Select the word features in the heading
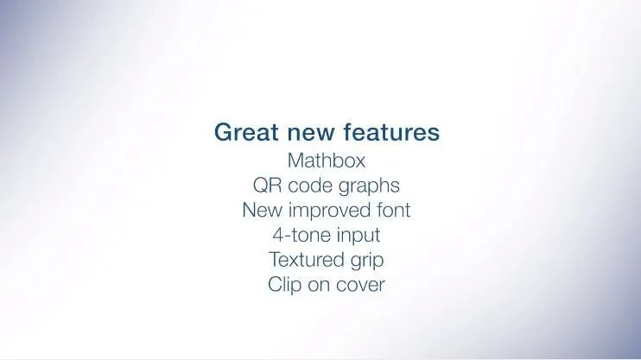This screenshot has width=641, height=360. (x=391, y=132)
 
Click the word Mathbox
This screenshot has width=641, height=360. (x=327, y=161)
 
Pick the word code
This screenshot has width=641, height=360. (x=310, y=185)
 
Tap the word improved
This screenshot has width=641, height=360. (x=322, y=212)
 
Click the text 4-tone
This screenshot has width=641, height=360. (x=301, y=235)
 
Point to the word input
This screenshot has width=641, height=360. (x=359, y=237)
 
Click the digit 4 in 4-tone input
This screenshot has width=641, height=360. (x=278, y=235)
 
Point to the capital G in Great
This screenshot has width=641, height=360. (x=224, y=132)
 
